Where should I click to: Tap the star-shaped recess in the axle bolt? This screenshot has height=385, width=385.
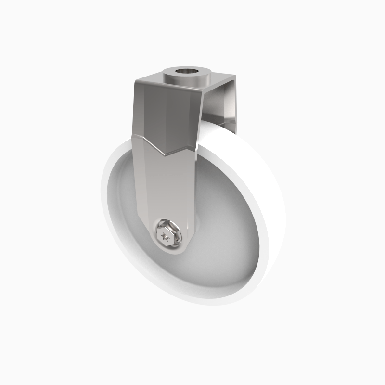pos(166,236)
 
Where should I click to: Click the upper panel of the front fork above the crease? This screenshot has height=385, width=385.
pos(164,115)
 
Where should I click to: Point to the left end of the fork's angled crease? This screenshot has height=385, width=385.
pos(133,137)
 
